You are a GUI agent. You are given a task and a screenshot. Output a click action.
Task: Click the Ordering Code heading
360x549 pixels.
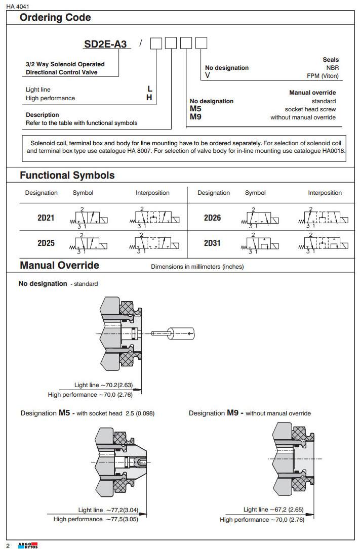pos(55,18)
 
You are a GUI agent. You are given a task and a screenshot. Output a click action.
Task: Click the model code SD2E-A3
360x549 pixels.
pos(105,44)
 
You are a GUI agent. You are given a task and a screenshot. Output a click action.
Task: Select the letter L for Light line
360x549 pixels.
pos(149,90)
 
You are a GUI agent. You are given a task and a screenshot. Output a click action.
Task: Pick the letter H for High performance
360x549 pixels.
pos(149,98)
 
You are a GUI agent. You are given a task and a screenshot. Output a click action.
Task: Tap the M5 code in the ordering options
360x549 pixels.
pos(195,109)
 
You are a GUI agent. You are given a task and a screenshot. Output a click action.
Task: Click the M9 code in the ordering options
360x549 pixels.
pos(195,117)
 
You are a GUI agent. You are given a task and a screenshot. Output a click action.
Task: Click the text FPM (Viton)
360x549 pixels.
pos(323,76)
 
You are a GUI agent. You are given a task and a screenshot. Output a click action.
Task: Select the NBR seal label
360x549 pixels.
pos(332,67)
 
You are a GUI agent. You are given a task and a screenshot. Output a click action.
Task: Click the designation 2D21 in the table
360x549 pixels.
pos(46,218)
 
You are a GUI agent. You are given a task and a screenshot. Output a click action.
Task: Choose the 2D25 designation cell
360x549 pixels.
pos(46,243)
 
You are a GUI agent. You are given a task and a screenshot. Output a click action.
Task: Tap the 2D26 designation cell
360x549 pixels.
pos(212,218)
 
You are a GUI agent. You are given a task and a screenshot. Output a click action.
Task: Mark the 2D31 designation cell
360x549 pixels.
pos(212,243)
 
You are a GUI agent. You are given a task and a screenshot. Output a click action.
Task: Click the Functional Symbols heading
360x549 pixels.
pos(67,176)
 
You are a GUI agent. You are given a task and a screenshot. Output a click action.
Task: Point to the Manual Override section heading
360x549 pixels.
pos(59,266)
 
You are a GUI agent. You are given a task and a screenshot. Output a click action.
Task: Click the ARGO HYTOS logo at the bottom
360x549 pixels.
pos(28,545)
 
